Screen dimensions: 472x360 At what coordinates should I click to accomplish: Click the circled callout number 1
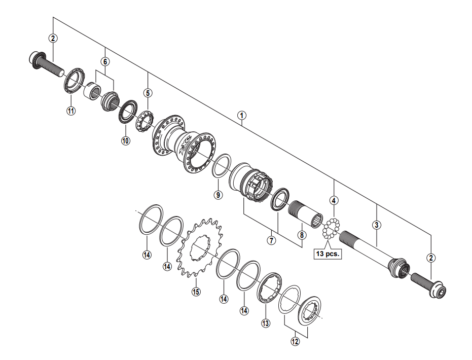[241, 115]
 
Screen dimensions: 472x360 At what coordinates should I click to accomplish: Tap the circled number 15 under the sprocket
[196, 292]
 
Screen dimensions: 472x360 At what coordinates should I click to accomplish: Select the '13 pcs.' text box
[328, 254]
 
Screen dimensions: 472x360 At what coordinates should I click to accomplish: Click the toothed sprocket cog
[199, 248]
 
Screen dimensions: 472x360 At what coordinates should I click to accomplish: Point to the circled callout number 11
[71, 111]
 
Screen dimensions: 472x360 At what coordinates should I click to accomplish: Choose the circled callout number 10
[126, 140]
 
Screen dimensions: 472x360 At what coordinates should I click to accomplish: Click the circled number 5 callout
[148, 93]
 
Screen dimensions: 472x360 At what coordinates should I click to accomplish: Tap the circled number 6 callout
[105, 62]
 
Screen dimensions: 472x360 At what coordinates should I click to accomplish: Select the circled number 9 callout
[218, 195]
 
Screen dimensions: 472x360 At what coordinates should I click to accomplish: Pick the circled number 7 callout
[272, 240]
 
